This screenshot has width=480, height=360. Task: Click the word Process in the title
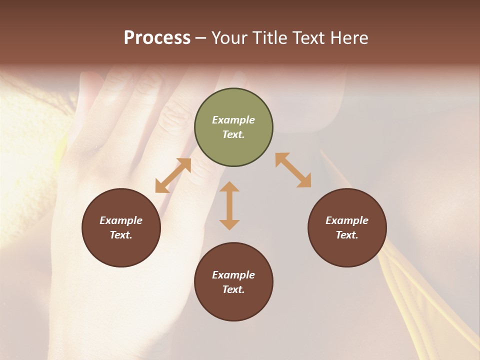(x=157, y=38)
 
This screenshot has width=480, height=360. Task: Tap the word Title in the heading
(x=270, y=38)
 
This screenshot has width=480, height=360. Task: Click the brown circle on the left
(x=121, y=227)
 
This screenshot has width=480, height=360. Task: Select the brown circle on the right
(x=347, y=227)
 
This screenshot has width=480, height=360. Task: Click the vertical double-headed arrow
(x=229, y=205)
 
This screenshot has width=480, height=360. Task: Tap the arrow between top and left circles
(x=173, y=175)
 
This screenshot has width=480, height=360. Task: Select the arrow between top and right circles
(x=293, y=170)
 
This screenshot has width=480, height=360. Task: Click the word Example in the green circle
(x=233, y=120)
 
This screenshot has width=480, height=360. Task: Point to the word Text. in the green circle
(x=233, y=134)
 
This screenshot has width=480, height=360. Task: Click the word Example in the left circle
(x=121, y=220)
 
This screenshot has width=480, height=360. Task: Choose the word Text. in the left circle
(x=121, y=235)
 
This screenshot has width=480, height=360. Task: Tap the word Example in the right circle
(x=347, y=220)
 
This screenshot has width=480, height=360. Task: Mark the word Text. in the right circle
(x=347, y=235)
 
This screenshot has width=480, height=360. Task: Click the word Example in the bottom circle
(x=233, y=275)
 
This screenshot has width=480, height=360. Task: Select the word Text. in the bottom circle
(x=233, y=289)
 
